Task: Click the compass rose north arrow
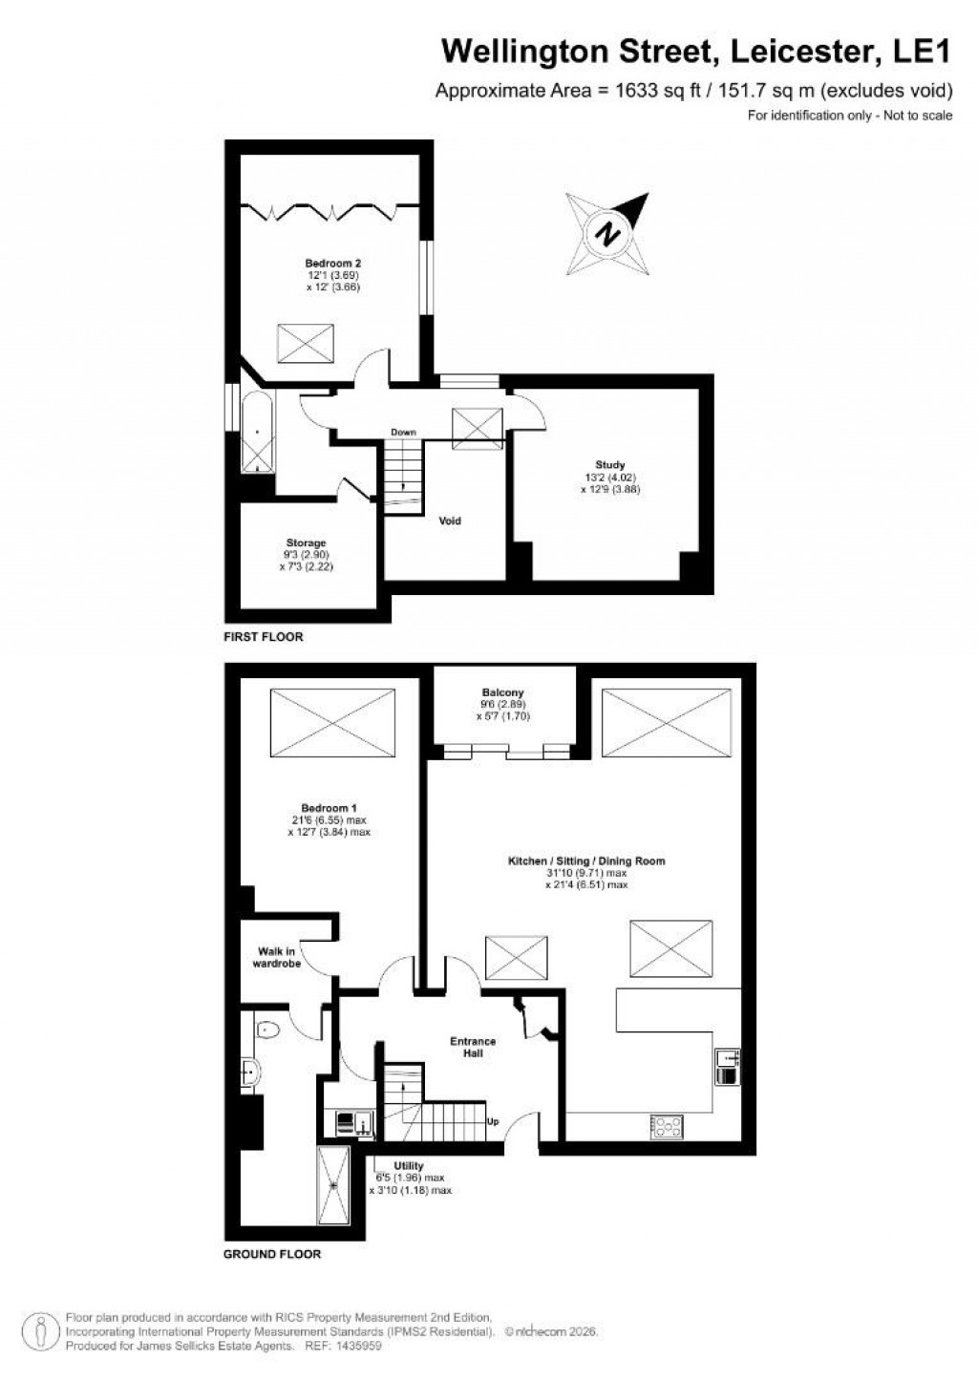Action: [x=608, y=231]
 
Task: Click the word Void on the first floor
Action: [x=450, y=521]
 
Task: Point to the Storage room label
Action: [x=306, y=543]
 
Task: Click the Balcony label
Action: [x=503, y=693]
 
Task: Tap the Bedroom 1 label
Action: [x=329, y=809]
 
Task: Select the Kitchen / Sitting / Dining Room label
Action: [x=586, y=861]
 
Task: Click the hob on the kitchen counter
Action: [x=667, y=1126]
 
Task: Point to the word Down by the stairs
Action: [x=403, y=433]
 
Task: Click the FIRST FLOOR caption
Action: [x=263, y=637]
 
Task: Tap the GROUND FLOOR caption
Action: [x=272, y=1254]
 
